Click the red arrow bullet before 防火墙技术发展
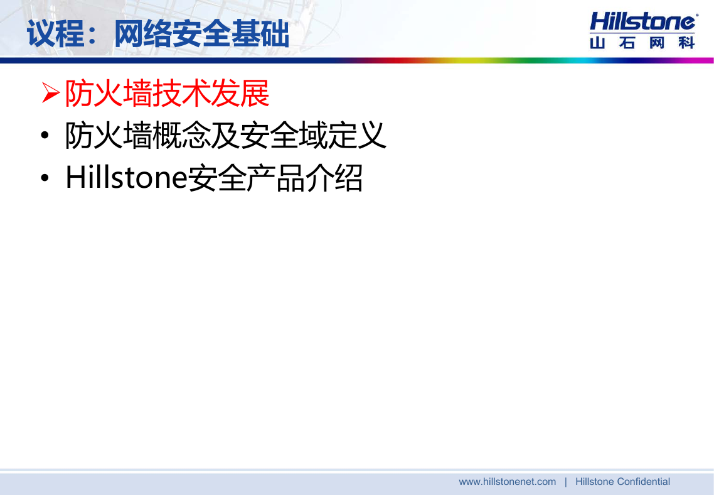click(51, 92)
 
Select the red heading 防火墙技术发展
click(167, 93)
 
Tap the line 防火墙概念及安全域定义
click(226, 135)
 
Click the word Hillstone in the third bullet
click(126, 177)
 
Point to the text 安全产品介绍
click(275, 178)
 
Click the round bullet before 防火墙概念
click(45, 136)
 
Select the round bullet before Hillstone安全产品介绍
click(45, 178)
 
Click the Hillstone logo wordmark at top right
click(642, 21)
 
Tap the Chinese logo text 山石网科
click(642, 42)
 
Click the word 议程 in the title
click(55, 33)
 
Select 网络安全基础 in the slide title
click(201, 33)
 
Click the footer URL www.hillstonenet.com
click(508, 482)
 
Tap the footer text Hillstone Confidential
click(622, 482)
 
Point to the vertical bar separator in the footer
click(565, 482)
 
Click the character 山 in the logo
click(597, 42)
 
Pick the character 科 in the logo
click(686, 42)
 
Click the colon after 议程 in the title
click(92, 36)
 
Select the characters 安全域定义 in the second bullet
click(313, 135)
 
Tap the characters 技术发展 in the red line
click(211, 93)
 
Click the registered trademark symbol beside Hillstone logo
click(696, 15)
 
